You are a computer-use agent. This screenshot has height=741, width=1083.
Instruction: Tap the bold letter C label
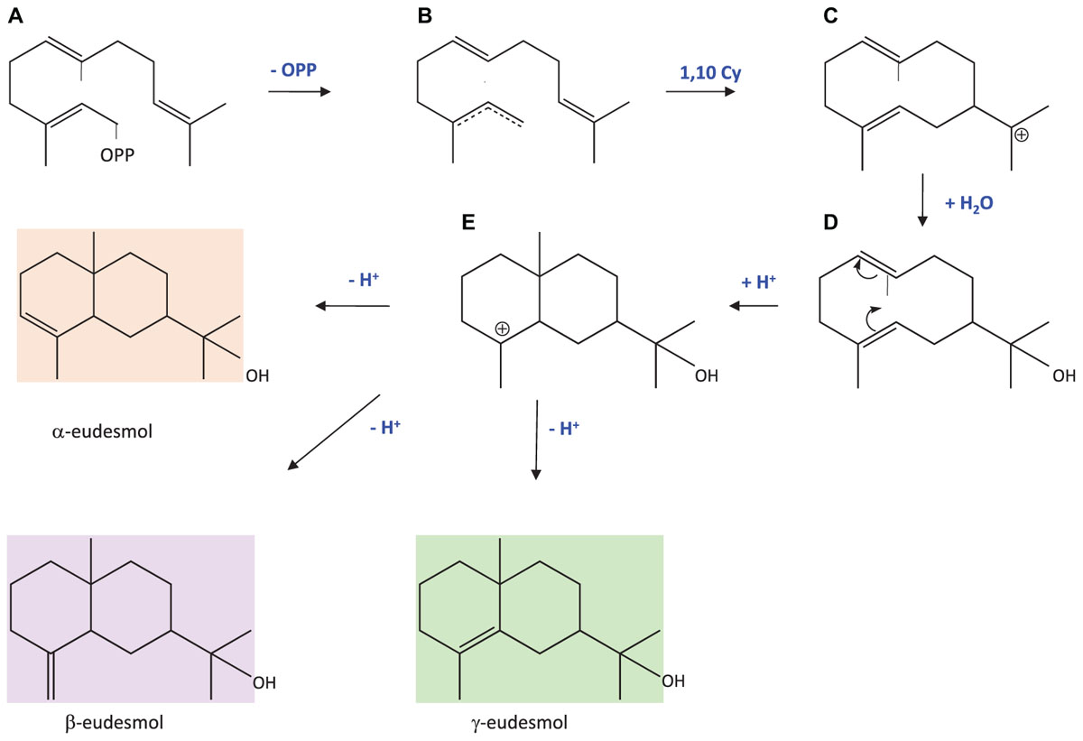(830, 16)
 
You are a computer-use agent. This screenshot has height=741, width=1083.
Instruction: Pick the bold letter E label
(467, 221)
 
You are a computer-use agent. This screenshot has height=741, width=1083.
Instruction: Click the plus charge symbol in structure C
(1022, 135)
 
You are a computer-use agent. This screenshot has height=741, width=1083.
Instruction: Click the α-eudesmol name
(102, 431)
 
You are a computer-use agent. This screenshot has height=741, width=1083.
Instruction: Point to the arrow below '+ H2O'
(922, 203)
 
